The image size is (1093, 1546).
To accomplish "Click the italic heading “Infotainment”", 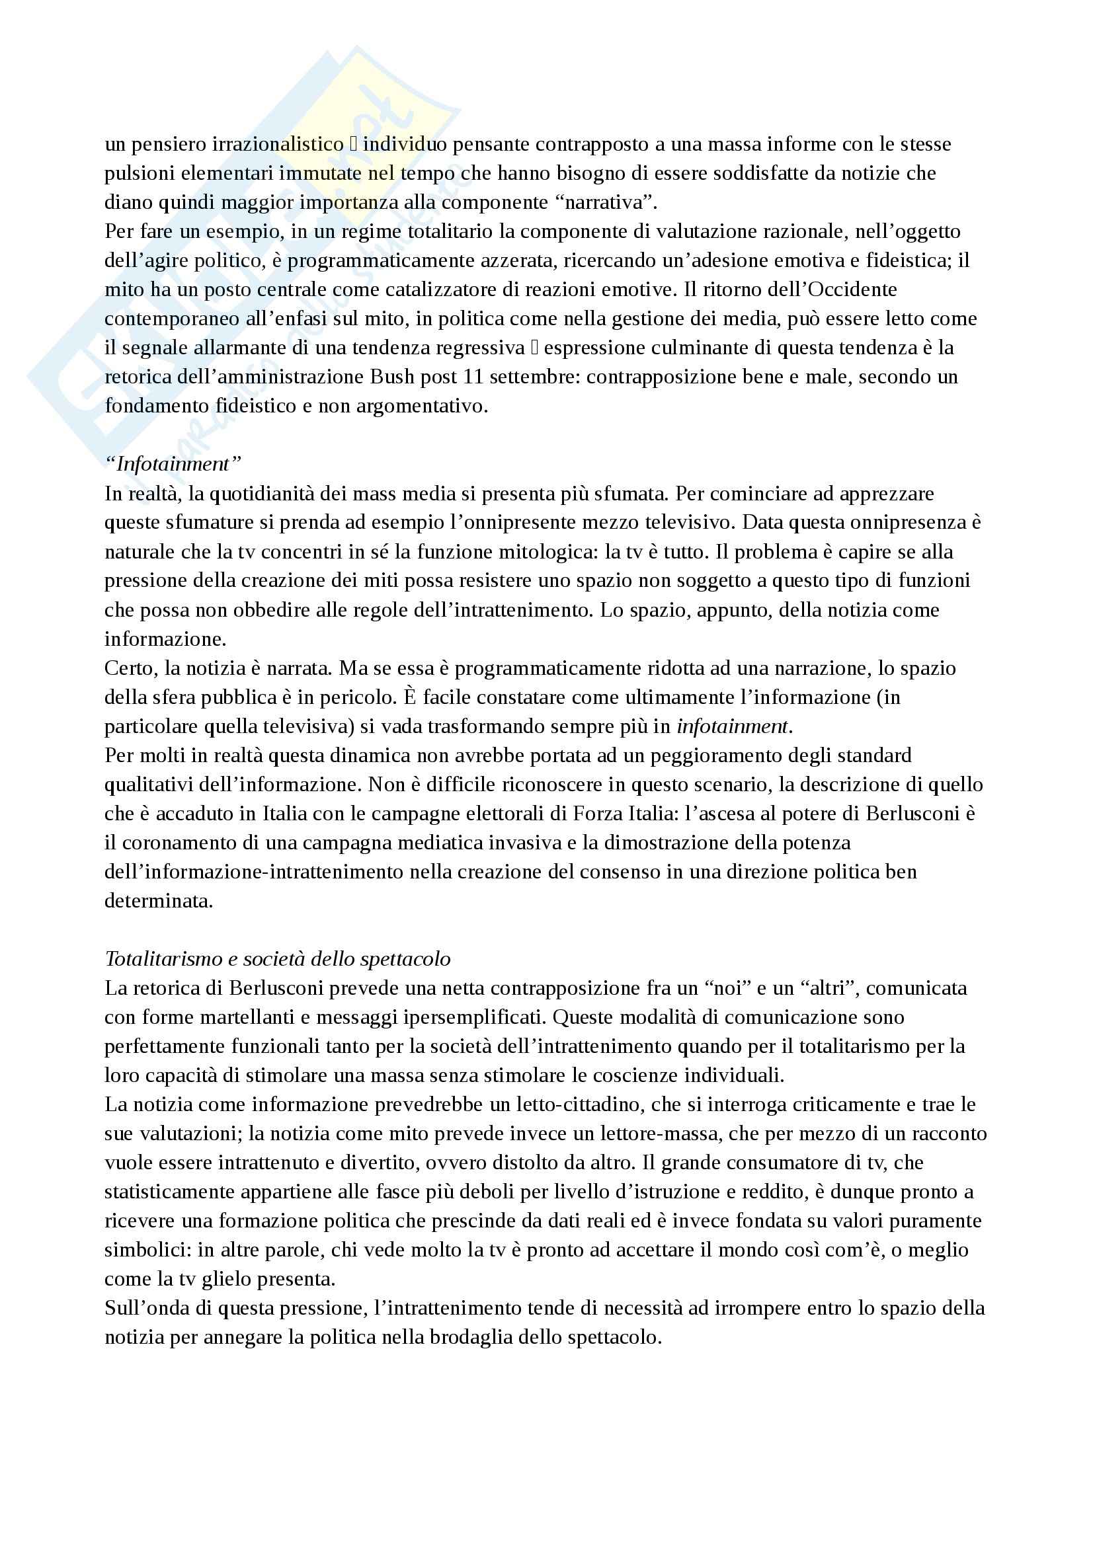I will coord(173,464).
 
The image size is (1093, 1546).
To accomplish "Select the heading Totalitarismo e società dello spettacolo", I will coord(278,959).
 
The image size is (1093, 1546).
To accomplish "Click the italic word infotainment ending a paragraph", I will coord(732,726).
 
